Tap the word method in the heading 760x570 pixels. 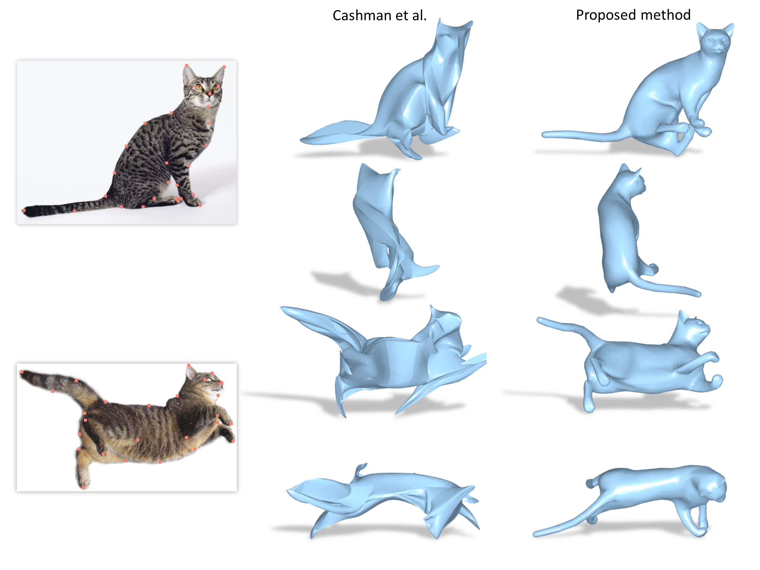pos(666,15)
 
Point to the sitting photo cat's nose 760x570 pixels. pos(209,93)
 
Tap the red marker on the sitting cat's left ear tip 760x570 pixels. pos(187,65)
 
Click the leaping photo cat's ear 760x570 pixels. pos(190,372)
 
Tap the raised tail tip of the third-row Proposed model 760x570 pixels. pos(540,320)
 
